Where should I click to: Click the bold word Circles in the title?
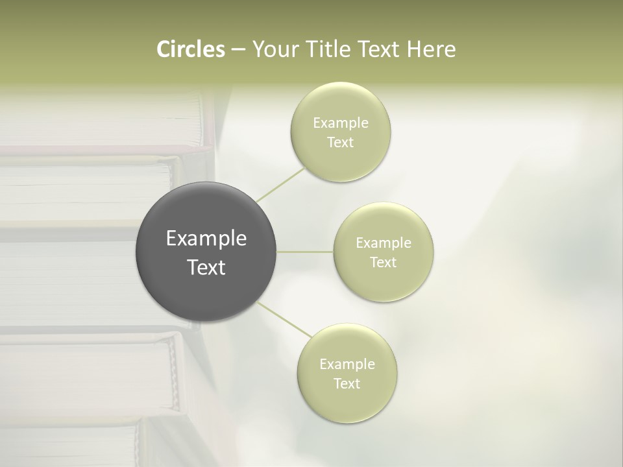tap(191, 49)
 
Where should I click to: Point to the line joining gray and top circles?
tap(280, 184)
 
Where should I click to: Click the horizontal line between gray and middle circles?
tap(305, 252)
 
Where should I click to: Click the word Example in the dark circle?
tap(206, 239)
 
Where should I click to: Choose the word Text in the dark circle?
tap(206, 267)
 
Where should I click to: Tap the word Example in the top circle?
tap(341, 123)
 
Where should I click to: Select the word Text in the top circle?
tap(341, 143)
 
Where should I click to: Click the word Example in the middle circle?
tap(384, 243)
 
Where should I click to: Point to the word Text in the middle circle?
tap(384, 263)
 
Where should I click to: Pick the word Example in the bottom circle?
tap(347, 365)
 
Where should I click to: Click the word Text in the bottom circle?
tap(347, 384)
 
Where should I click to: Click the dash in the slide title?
tap(238, 50)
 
